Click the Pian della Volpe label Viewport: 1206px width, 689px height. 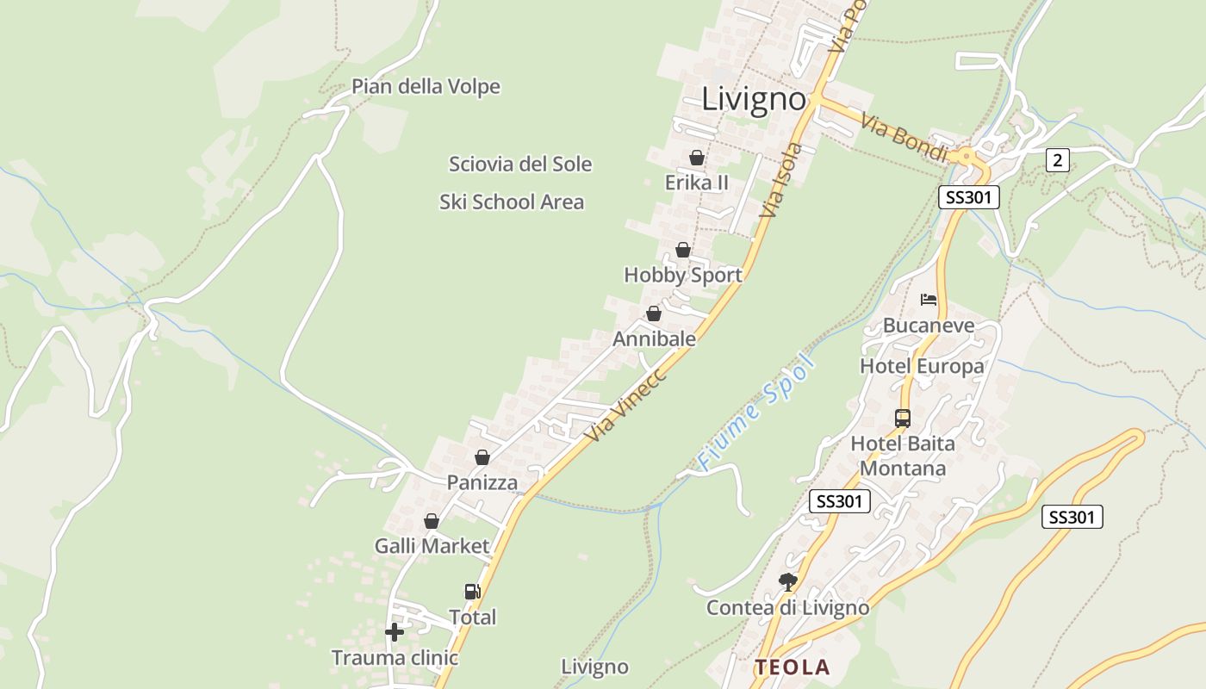pos(426,87)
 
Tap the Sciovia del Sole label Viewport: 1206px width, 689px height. pos(520,164)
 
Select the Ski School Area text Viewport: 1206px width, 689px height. pos(512,202)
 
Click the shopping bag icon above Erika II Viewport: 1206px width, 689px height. pos(697,158)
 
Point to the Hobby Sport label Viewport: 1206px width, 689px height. pos(683,276)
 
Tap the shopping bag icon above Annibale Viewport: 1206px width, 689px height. pos(654,314)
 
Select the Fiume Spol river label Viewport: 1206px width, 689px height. pos(755,413)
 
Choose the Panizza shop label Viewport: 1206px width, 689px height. pos(482,483)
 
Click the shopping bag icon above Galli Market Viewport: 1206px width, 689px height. pos(432,522)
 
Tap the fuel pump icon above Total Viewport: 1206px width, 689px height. pos(472,592)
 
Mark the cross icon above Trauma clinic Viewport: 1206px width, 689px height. pos(395,633)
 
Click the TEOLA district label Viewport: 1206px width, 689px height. pos(793,667)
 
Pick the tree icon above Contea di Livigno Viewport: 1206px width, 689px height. pos(787,582)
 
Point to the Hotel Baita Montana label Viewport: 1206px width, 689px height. pos(903,456)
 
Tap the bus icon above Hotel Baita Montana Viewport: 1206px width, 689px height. pos(903,419)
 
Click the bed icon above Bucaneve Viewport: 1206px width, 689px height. pos(929,300)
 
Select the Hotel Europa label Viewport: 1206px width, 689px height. pos(922,367)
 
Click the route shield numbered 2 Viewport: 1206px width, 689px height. pos(1058,159)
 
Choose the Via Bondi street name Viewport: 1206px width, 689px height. pos(904,138)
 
